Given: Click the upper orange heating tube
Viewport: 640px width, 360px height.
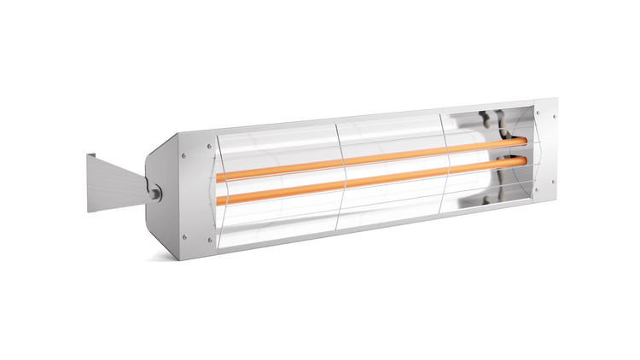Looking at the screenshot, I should click(367, 158).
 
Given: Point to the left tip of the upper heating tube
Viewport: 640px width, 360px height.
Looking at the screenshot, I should click(218, 177).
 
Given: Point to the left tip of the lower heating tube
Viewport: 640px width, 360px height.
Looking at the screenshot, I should click(218, 201).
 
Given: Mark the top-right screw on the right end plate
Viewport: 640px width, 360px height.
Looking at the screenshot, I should click(556, 114).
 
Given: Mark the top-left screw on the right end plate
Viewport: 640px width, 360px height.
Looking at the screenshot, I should click(539, 108).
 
